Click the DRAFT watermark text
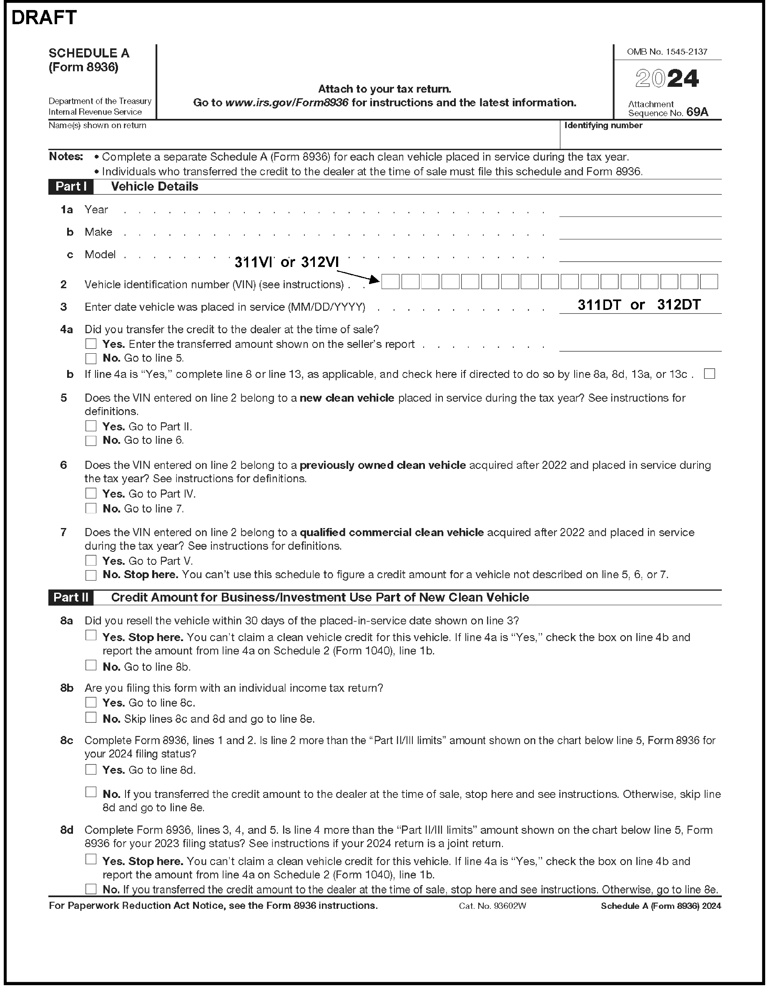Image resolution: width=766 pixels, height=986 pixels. point(44,18)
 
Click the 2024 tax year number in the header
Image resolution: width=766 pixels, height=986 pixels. point(667,78)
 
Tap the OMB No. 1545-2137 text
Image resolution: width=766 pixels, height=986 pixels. point(667,52)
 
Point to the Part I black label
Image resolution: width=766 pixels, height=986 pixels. point(71,186)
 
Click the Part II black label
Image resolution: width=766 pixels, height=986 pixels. point(71,597)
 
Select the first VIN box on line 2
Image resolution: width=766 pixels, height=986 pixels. point(390,282)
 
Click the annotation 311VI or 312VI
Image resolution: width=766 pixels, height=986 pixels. point(286,262)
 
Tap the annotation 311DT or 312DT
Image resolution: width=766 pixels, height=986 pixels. point(639,305)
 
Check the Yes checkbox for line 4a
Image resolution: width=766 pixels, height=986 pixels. point(91,344)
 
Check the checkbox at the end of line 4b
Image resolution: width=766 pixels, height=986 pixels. point(709,374)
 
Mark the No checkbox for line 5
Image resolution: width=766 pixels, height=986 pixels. point(91,440)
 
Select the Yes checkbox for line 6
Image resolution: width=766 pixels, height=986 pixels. point(91,493)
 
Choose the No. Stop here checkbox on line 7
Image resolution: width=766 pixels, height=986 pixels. point(91,575)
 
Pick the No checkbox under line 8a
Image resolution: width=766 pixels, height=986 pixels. point(91,665)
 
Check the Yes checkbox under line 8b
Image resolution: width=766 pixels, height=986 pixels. point(91,702)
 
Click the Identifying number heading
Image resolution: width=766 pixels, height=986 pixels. point(603,126)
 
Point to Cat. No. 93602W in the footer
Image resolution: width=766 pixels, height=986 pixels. point(492,906)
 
